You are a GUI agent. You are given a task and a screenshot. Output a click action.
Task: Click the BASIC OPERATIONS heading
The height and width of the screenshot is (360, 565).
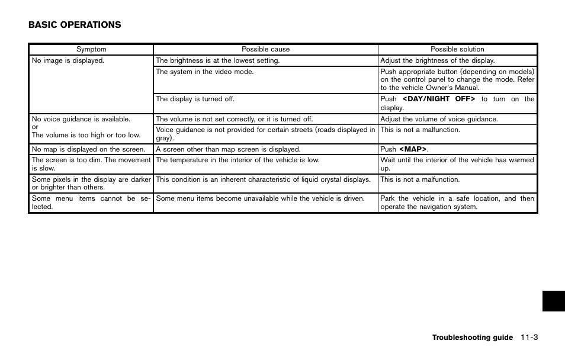click(x=75, y=25)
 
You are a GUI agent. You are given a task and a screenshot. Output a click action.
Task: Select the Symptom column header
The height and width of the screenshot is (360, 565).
click(x=91, y=50)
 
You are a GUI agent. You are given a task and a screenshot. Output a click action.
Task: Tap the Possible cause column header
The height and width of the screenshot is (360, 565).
click(x=265, y=50)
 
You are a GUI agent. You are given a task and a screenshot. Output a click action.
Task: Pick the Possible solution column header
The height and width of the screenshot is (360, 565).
click(x=457, y=50)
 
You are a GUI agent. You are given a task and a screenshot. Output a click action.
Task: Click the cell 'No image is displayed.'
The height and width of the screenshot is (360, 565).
click(x=68, y=60)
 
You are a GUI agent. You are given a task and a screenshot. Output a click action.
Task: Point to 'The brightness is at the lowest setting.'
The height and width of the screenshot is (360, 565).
click(x=217, y=60)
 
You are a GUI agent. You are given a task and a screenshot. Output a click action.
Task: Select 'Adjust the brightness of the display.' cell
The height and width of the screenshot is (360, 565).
click(x=438, y=60)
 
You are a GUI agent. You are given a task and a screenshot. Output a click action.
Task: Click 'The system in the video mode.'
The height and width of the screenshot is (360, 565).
click(x=205, y=72)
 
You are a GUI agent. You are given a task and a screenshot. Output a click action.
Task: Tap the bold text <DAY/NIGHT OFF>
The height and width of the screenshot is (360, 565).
click(x=439, y=99)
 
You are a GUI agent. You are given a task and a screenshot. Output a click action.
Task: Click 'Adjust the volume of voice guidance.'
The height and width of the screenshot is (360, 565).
click(x=439, y=119)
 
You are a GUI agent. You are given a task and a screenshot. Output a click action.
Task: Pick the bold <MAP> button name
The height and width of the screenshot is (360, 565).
click(x=413, y=149)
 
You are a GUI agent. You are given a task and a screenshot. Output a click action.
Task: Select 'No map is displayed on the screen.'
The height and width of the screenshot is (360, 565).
click(x=88, y=149)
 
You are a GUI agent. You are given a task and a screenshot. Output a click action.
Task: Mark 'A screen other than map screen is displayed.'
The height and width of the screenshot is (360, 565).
click(x=228, y=149)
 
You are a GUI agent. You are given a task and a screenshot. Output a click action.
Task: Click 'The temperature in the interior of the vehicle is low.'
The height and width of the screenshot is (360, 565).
click(x=237, y=160)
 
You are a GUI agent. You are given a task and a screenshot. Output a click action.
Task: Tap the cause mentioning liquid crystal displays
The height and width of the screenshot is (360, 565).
click(x=263, y=179)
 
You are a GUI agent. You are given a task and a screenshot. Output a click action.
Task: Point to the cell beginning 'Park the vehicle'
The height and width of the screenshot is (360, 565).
click(x=457, y=202)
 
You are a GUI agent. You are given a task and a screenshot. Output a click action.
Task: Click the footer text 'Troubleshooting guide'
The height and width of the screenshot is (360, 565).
click(x=472, y=337)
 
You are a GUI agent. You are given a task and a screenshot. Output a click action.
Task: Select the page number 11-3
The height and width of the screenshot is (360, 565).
click(x=529, y=337)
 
